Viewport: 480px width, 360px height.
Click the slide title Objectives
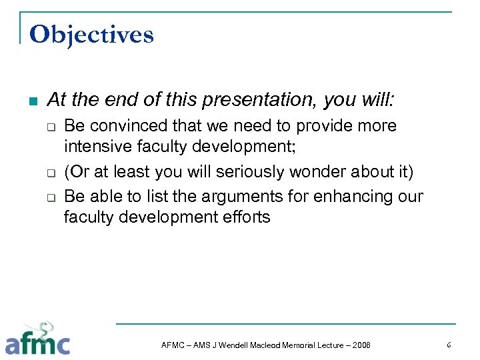click(x=91, y=34)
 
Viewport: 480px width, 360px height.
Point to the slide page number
click(x=449, y=345)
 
